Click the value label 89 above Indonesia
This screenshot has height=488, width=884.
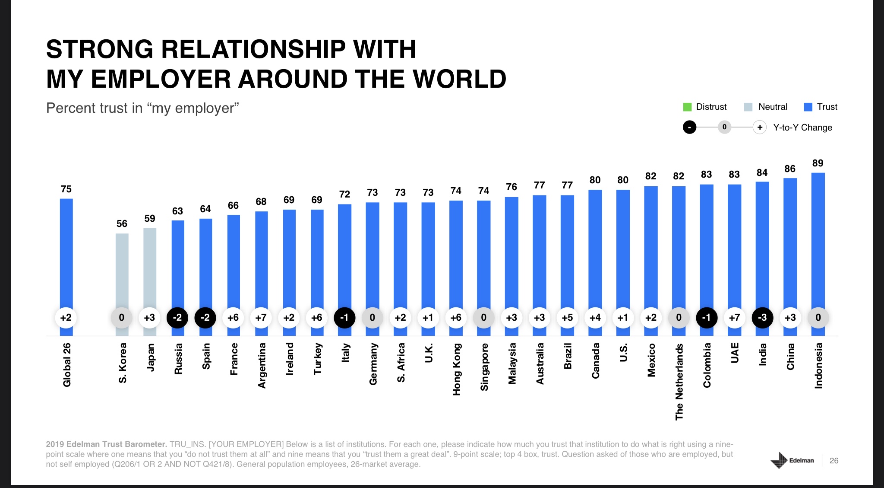click(x=818, y=163)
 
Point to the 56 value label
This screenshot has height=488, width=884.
click(x=122, y=223)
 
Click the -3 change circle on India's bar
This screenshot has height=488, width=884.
click(x=762, y=318)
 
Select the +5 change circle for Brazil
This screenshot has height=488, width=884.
click(x=567, y=318)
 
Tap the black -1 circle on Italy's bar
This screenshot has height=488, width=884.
click(x=344, y=318)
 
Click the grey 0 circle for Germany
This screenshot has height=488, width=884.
click(x=372, y=318)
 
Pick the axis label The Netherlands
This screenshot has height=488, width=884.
click(x=679, y=381)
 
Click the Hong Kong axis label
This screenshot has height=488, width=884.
click(x=456, y=369)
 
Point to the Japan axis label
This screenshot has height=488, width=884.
click(x=150, y=357)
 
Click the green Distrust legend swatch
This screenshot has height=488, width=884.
click(x=687, y=107)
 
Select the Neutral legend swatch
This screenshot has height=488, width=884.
click(x=748, y=107)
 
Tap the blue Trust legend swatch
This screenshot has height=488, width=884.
click(x=808, y=107)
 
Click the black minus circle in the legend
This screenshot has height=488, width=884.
click(x=689, y=128)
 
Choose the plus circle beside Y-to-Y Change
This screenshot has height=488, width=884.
click(x=760, y=128)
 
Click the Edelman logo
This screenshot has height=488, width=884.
click(x=792, y=460)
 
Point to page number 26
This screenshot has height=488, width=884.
click(x=834, y=461)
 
